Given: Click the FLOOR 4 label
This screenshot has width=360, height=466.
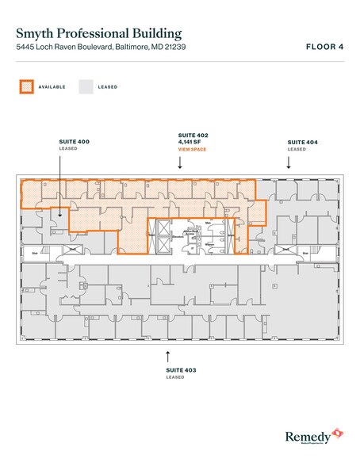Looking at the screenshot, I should [324, 48].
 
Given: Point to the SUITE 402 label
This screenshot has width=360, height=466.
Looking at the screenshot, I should [191, 137].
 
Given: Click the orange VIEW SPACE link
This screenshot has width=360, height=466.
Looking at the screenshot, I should [191, 149].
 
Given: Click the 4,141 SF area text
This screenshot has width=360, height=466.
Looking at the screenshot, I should [190, 143].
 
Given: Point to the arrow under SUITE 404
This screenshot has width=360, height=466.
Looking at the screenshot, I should [289, 162].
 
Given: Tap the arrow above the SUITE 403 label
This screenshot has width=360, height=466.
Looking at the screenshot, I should [168, 354].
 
